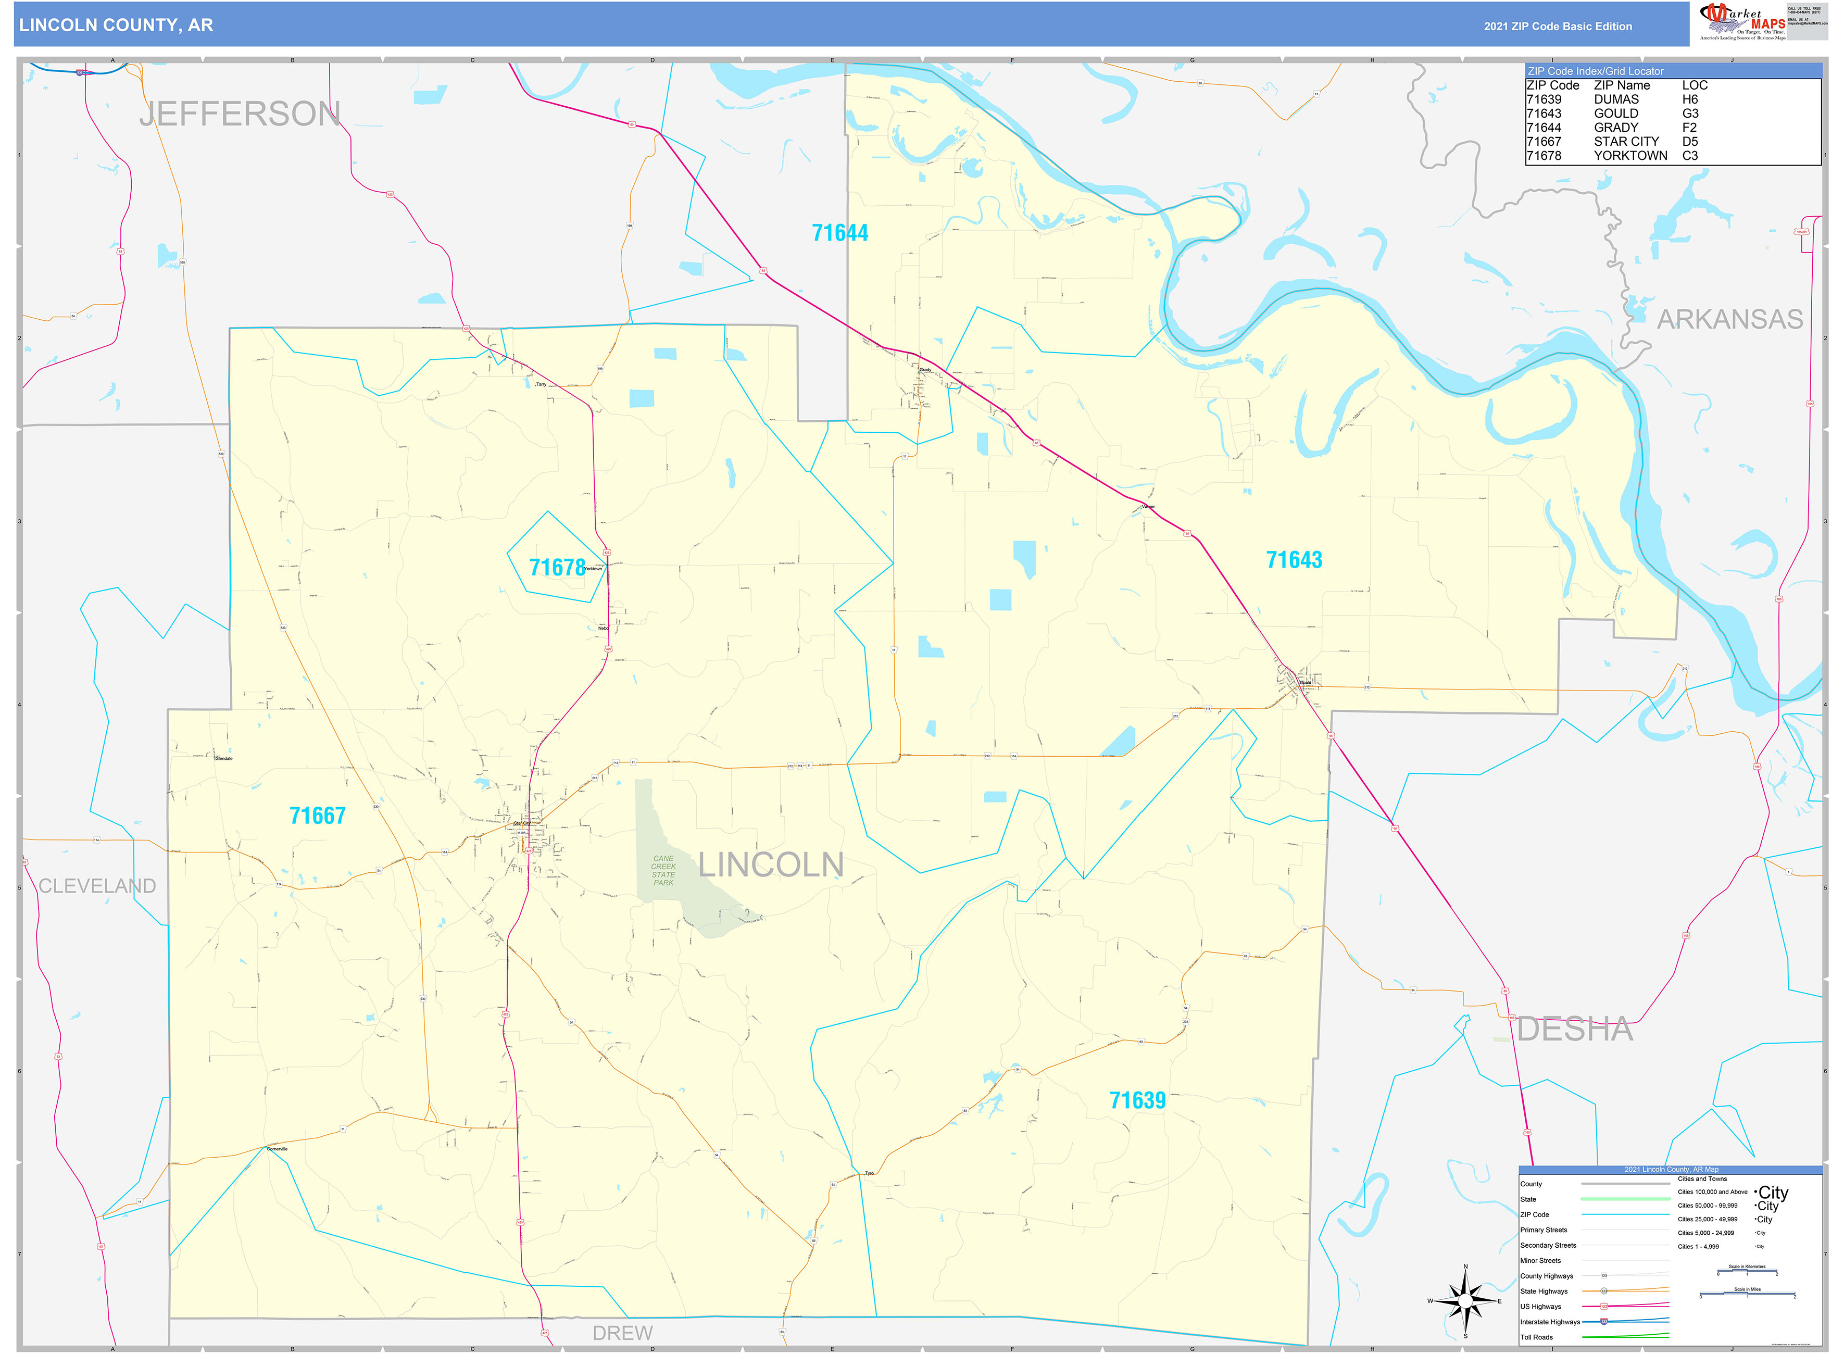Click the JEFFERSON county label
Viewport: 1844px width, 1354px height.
pos(240,114)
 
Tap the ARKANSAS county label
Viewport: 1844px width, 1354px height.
pos(1729,319)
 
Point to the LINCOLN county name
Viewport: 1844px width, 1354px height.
pos(770,864)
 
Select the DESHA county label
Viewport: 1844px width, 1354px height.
pos(1574,1030)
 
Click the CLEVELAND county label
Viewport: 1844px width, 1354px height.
pos(97,886)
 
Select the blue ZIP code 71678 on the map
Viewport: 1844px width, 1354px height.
pos(557,567)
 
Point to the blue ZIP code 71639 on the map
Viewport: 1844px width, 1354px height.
pos(1137,1100)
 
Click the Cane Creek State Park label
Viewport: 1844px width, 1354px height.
pos(663,870)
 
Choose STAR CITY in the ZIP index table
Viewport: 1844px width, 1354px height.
pos(1626,142)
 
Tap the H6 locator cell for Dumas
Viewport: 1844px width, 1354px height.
pos(1690,99)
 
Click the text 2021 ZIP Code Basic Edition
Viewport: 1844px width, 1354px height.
pos(1557,26)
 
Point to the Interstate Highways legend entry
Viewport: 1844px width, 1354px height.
pos(1551,1322)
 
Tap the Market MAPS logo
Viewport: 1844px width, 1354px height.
pos(1741,21)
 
